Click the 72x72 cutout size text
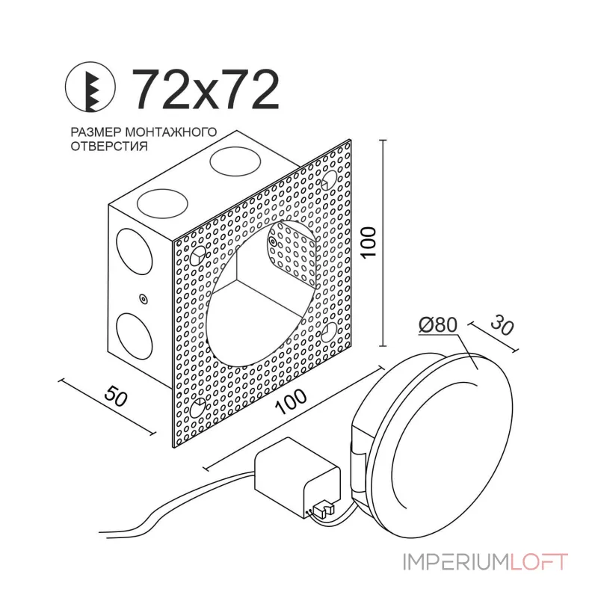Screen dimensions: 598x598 [x=206, y=90]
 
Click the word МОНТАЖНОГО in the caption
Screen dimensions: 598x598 [x=171, y=132]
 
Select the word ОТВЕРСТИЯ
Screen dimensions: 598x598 [x=109, y=146]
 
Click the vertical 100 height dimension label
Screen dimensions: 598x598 [x=369, y=242]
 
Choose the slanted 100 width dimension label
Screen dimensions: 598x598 [x=292, y=401]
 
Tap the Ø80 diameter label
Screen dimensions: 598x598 [x=438, y=325]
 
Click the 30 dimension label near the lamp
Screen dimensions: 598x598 [x=502, y=325]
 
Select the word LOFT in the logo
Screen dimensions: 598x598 [x=538, y=562]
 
